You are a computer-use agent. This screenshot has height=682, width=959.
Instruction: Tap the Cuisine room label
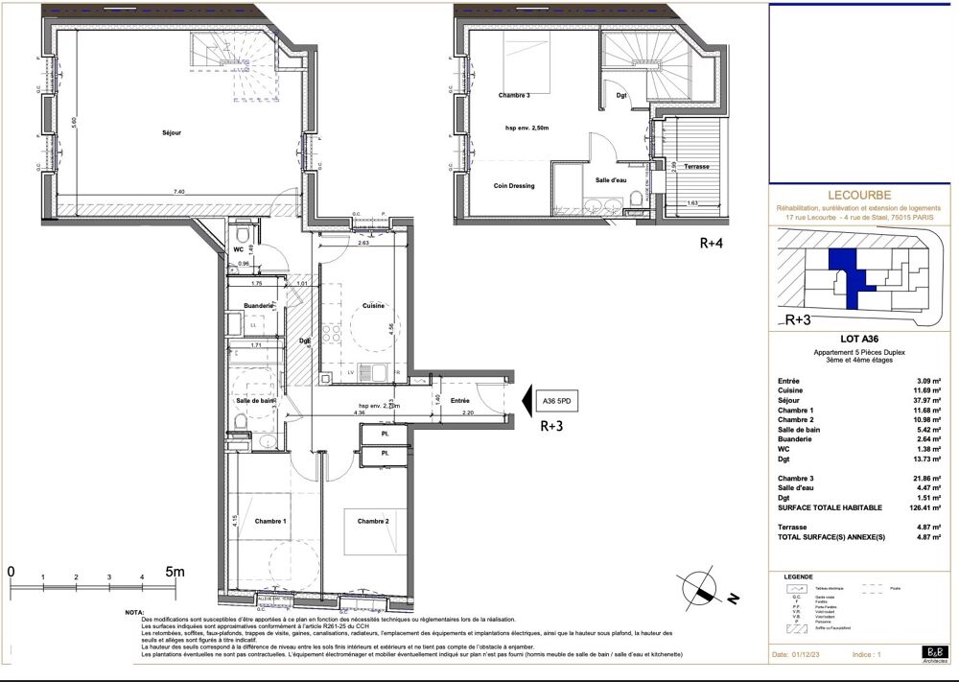[374, 306]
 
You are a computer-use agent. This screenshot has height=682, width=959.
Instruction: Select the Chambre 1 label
[270, 521]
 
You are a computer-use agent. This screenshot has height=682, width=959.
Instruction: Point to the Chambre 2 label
[372, 521]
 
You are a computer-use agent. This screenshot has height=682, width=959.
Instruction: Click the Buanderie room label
[259, 306]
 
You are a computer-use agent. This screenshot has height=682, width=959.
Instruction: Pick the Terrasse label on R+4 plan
[697, 166]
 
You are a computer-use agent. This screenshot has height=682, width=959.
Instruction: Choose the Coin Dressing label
[515, 186]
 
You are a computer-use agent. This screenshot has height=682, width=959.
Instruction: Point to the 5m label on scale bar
[174, 571]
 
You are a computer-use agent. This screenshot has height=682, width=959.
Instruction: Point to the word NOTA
[136, 610]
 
